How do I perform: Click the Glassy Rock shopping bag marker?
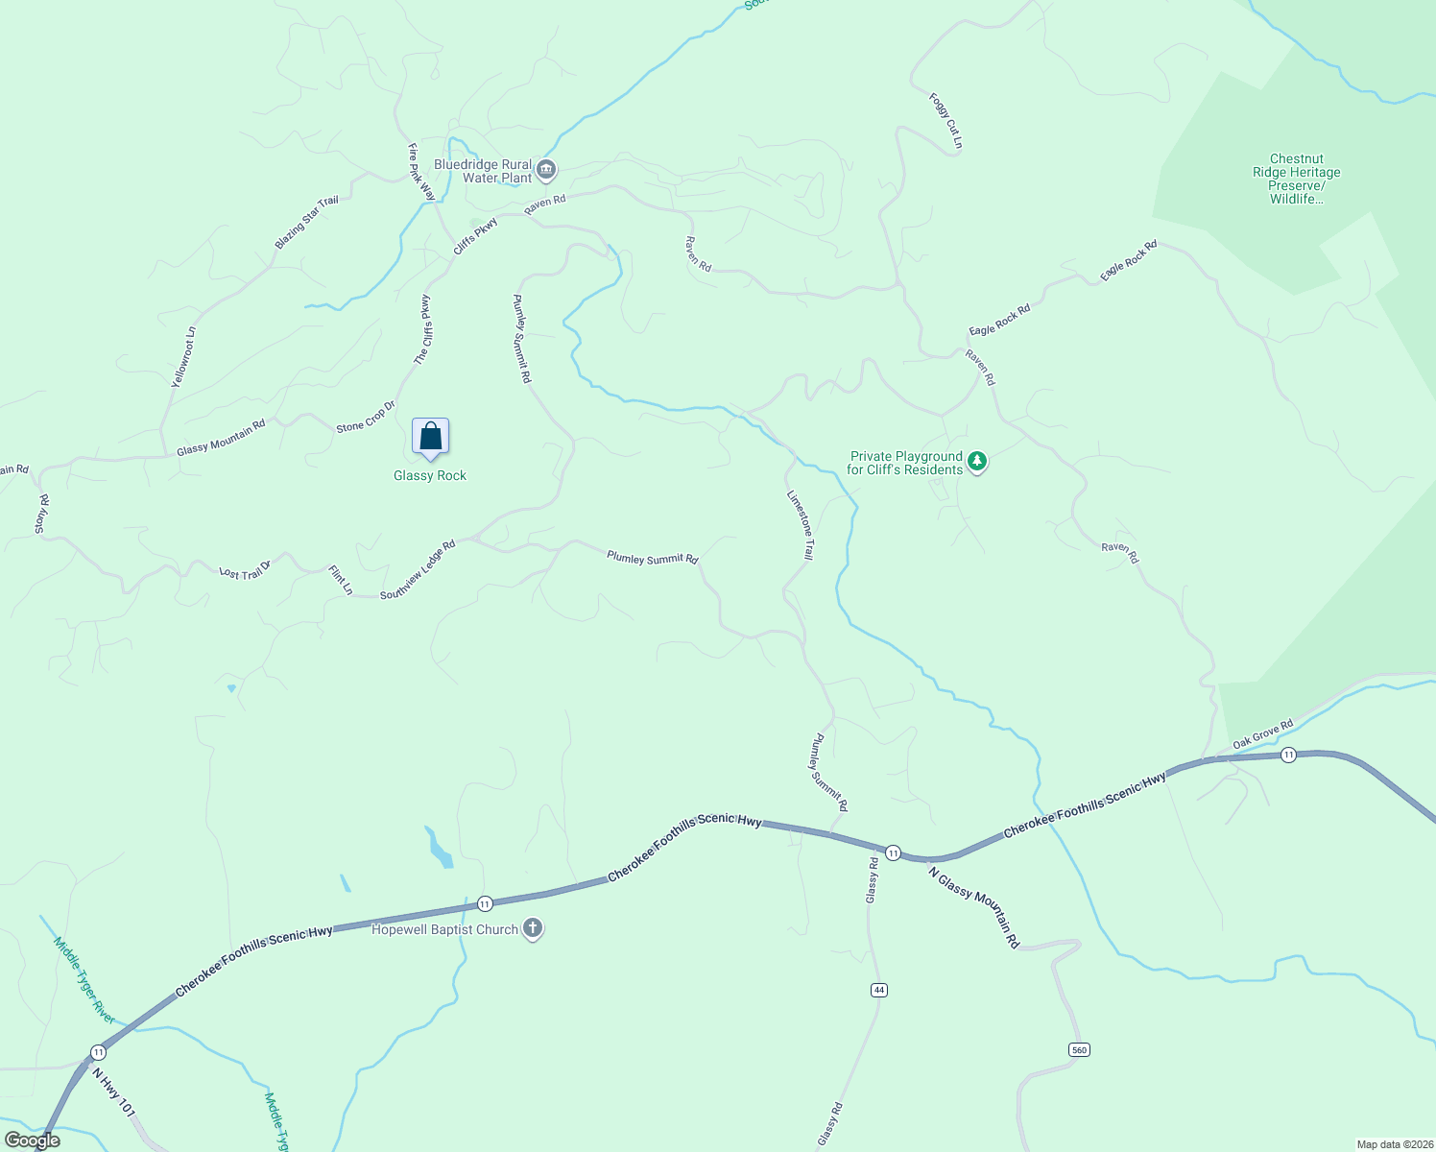(x=430, y=437)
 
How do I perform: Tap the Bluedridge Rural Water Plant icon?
(x=546, y=171)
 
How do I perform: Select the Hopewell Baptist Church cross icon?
(x=533, y=929)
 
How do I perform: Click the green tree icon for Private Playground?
(x=977, y=463)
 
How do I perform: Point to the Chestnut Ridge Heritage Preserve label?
(x=1296, y=179)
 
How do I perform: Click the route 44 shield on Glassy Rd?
(x=878, y=990)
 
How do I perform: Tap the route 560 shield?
(x=1079, y=1049)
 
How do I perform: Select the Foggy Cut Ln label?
(x=945, y=121)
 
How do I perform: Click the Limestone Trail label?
(x=800, y=525)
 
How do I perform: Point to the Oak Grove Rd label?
(x=1263, y=734)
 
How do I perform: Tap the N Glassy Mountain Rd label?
(x=974, y=907)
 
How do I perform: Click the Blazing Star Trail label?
(x=306, y=223)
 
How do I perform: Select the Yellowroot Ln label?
(x=183, y=357)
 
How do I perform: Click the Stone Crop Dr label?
(x=366, y=416)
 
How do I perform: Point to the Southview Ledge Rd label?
(x=418, y=570)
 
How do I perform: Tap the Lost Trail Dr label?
(x=245, y=571)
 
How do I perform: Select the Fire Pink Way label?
(x=421, y=173)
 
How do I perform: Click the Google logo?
(x=33, y=1140)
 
